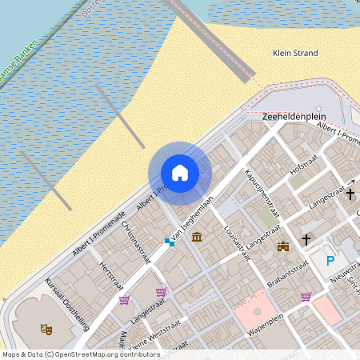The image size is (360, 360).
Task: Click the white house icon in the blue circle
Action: tap(180, 173)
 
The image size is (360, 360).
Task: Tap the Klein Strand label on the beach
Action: tap(295, 54)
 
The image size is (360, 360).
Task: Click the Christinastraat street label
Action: tap(136, 242)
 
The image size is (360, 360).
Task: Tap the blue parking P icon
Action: tap(330, 259)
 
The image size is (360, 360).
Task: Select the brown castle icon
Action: tap(282, 246)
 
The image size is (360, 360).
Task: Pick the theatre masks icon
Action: tap(46, 328)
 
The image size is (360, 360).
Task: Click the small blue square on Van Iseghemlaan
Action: tap(168, 241)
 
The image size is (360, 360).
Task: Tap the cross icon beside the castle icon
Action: tap(306, 239)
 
